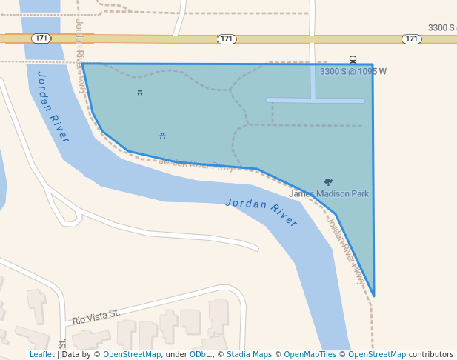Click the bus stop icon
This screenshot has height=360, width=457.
coord(353,60)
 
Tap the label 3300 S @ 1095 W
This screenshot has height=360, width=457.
coord(353,72)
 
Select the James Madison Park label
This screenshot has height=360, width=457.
coord(329,194)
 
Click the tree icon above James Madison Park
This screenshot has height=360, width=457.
coord(328,181)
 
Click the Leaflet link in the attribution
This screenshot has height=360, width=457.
coord(41,355)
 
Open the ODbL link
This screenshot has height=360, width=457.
coord(200,355)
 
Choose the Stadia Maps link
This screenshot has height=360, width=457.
coord(249,355)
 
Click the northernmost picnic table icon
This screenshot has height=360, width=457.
coord(140,93)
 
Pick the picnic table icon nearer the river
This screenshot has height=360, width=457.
coord(163,135)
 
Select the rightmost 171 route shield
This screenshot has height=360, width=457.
coord(412,39)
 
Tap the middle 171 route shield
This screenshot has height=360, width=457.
coord(227,39)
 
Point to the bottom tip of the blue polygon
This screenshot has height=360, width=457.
coord(374,296)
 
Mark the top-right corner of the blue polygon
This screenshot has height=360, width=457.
coord(373,64)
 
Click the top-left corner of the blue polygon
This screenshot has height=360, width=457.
coord(82,64)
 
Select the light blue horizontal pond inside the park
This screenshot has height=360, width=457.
coord(315,101)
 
